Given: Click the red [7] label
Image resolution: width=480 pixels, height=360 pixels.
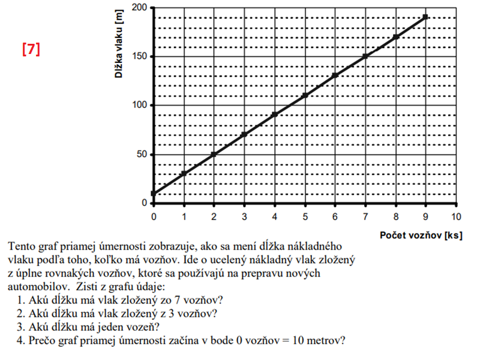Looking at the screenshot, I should coord(31,50).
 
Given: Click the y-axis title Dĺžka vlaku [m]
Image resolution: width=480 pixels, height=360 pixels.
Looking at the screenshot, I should coord(124,44).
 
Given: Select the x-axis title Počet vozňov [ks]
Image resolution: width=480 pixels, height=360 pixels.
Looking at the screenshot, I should coord(421,235).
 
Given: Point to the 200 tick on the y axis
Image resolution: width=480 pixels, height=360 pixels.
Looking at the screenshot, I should coord(140,8).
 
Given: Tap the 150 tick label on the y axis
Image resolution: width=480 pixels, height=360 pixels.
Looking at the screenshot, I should coord(140,57).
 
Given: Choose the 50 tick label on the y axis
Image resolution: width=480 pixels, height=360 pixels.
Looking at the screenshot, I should coord(142,155).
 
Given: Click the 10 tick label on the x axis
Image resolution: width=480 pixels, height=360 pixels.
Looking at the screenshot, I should coord(456,216).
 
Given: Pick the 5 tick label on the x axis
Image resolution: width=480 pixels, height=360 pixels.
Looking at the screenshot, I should coord(305,216).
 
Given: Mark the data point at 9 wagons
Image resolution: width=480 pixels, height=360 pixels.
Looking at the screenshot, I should coord(425,17).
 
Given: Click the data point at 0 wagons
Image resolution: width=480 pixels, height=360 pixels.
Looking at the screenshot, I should coord(154,193).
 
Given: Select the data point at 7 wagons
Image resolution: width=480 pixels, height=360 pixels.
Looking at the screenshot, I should coord(365,56).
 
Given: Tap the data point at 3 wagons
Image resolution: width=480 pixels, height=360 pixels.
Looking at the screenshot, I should coord(244,134).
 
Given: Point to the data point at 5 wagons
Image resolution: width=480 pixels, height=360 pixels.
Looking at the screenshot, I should coord(305,95).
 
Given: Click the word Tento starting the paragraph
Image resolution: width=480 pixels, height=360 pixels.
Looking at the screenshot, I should coord(22,246).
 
